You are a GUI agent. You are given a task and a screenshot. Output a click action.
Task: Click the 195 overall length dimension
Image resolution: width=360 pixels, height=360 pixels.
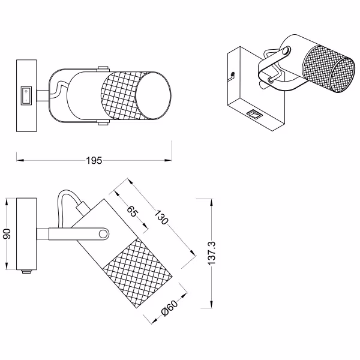tap(94, 160)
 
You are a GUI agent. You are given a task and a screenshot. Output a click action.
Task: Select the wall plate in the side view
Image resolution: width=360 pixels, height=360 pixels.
tap(26, 235)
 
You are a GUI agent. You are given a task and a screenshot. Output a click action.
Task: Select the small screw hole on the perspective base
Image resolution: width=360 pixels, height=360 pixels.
tap(232, 76)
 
